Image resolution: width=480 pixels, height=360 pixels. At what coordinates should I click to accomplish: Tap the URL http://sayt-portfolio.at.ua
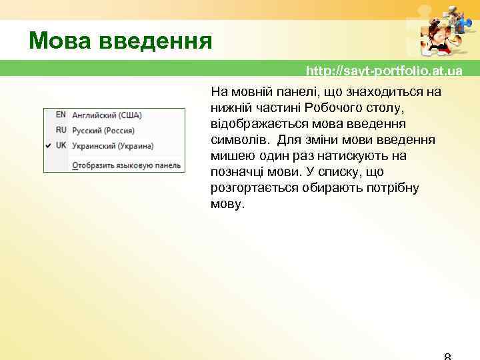384,71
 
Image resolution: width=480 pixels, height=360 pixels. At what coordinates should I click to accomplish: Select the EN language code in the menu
61,115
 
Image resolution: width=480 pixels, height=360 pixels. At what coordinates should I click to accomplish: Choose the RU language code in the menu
61,130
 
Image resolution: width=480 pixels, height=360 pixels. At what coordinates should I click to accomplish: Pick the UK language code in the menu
61,145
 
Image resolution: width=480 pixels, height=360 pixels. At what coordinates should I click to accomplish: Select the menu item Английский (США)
107,115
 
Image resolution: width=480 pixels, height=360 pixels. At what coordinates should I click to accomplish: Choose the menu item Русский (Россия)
103,130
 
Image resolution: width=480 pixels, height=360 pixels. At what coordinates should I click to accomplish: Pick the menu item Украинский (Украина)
113,145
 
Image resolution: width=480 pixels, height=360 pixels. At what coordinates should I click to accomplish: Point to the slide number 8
447,356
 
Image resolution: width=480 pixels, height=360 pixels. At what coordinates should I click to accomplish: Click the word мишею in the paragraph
230,156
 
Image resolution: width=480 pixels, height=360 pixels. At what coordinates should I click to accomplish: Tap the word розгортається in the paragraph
249,188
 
